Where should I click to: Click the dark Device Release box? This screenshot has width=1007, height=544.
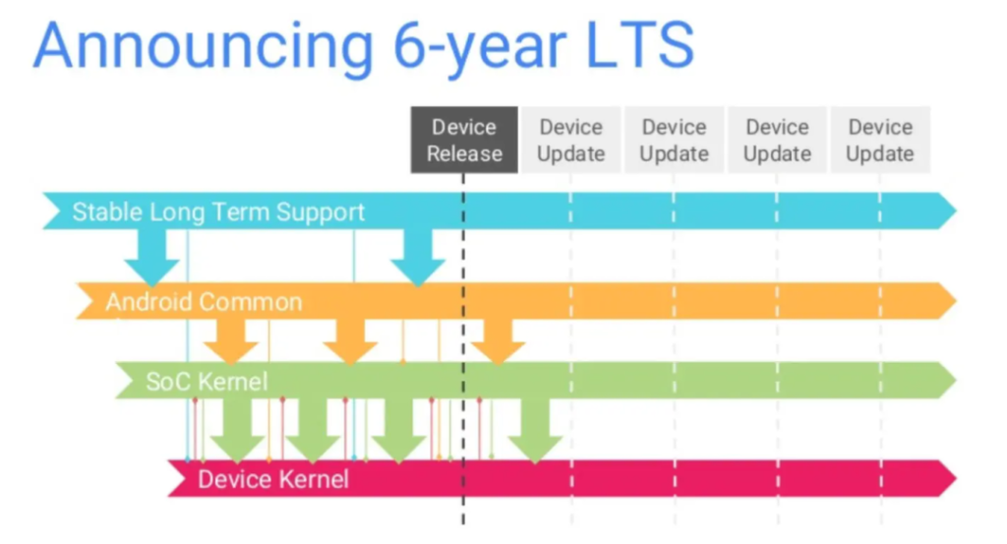click(464, 141)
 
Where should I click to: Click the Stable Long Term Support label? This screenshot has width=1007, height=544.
click(218, 212)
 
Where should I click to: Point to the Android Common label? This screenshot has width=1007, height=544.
click(204, 301)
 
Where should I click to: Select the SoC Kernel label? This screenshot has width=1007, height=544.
click(207, 381)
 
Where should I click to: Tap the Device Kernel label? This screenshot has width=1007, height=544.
click(273, 479)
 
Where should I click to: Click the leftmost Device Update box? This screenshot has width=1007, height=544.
click(570, 141)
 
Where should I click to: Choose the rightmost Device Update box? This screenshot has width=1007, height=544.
click(880, 141)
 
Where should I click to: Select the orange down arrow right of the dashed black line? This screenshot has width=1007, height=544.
click(498, 342)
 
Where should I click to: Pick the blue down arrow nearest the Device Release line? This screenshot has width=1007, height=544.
click(418, 258)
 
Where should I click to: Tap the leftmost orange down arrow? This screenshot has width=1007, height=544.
click(230, 341)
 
